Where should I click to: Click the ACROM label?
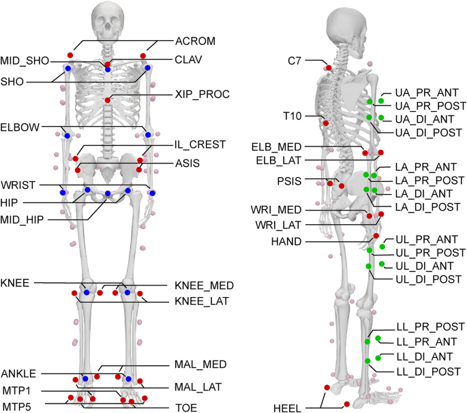[x=195, y=42]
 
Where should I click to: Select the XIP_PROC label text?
[x=202, y=94]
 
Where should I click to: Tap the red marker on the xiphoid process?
[x=108, y=101]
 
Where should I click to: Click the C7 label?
[x=295, y=61]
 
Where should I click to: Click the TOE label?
[x=181, y=408]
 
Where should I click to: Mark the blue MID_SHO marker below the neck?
[x=108, y=70]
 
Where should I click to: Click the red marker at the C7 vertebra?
[x=329, y=67]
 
